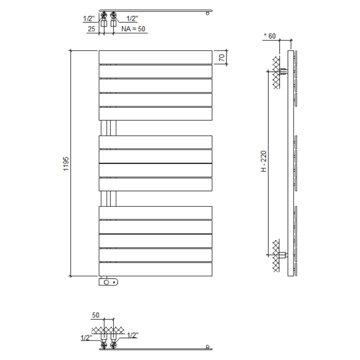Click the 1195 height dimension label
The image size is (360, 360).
tap(66, 164)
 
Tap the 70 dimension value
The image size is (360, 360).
tap(222, 57)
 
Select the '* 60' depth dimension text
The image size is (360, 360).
tap(269, 35)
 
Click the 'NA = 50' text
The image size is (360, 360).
tap(133, 29)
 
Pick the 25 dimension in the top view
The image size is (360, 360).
tap(91, 29)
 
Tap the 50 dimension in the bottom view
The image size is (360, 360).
tap(96, 315)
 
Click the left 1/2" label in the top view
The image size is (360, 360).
tap(88, 19)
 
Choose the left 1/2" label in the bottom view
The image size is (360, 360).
tap(86, 338)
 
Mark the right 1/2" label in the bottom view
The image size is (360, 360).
tap(132, 336)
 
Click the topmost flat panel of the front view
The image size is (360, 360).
tap(155, 57)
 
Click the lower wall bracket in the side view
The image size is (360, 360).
tap(281, 254)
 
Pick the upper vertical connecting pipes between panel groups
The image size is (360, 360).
tap(109, 128)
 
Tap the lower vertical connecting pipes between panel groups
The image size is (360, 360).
tap(109, 199)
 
